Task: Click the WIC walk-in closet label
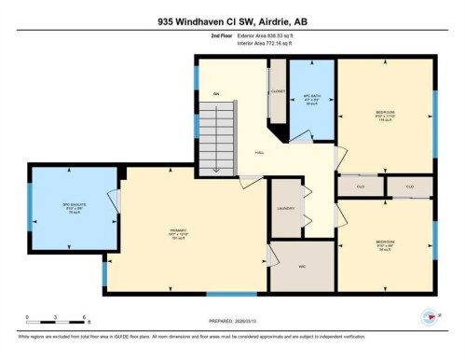[x=288, y=266]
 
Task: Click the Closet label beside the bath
[x=277, y=92]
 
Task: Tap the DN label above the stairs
[x=216, y=94]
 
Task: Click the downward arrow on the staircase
[x=215, y=167]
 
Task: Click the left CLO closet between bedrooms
[x=360, y=187]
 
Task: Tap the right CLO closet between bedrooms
[x=410, y=187]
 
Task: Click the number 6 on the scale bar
[x=86, y=318]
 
